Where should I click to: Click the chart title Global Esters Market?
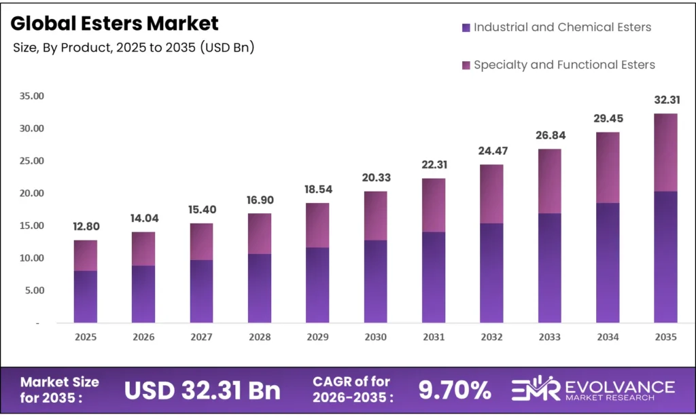(115, 24)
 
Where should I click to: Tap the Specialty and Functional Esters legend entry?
(558, 65)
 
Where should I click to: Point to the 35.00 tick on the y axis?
(31, 96)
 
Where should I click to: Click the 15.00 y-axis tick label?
(31, 225)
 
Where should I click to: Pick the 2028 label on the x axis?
(260, 337)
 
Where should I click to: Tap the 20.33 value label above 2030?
(375, 178)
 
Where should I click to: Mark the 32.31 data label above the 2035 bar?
(665, 100)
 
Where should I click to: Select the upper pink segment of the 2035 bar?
(665, 153)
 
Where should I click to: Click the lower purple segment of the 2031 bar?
(434, 277)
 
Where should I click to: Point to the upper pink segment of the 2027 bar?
(202, 242)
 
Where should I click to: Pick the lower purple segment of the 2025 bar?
(86, 297)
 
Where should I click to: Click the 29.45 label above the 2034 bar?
(608, 119)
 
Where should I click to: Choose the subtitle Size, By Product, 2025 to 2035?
(134, 48)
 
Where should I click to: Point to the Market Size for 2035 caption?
(60, 390)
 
